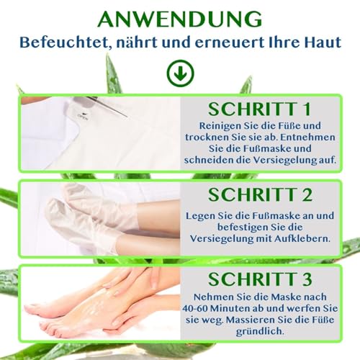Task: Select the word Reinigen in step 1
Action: [x=213, y=128]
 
